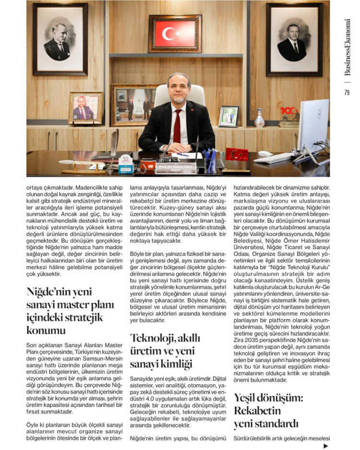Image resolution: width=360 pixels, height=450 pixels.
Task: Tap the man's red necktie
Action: pyautogui.click(x=177, y=126)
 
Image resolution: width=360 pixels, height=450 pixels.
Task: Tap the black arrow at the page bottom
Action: pyautogui.click(x=326, y=446)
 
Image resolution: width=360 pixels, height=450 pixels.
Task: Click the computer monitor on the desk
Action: pyautogui.click(x=313, y=126)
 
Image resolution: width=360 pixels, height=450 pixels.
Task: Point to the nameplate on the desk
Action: pyautogui.click(x=176, y=168)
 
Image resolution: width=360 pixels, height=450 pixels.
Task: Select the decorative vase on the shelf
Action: pyautogui.click(x=259, y=118)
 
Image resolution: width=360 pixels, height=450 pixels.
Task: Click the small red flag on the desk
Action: pyautogui.click(x=237, y=154)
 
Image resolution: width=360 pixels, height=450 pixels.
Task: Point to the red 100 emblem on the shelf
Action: pyautogui.click(x=289, y=111)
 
